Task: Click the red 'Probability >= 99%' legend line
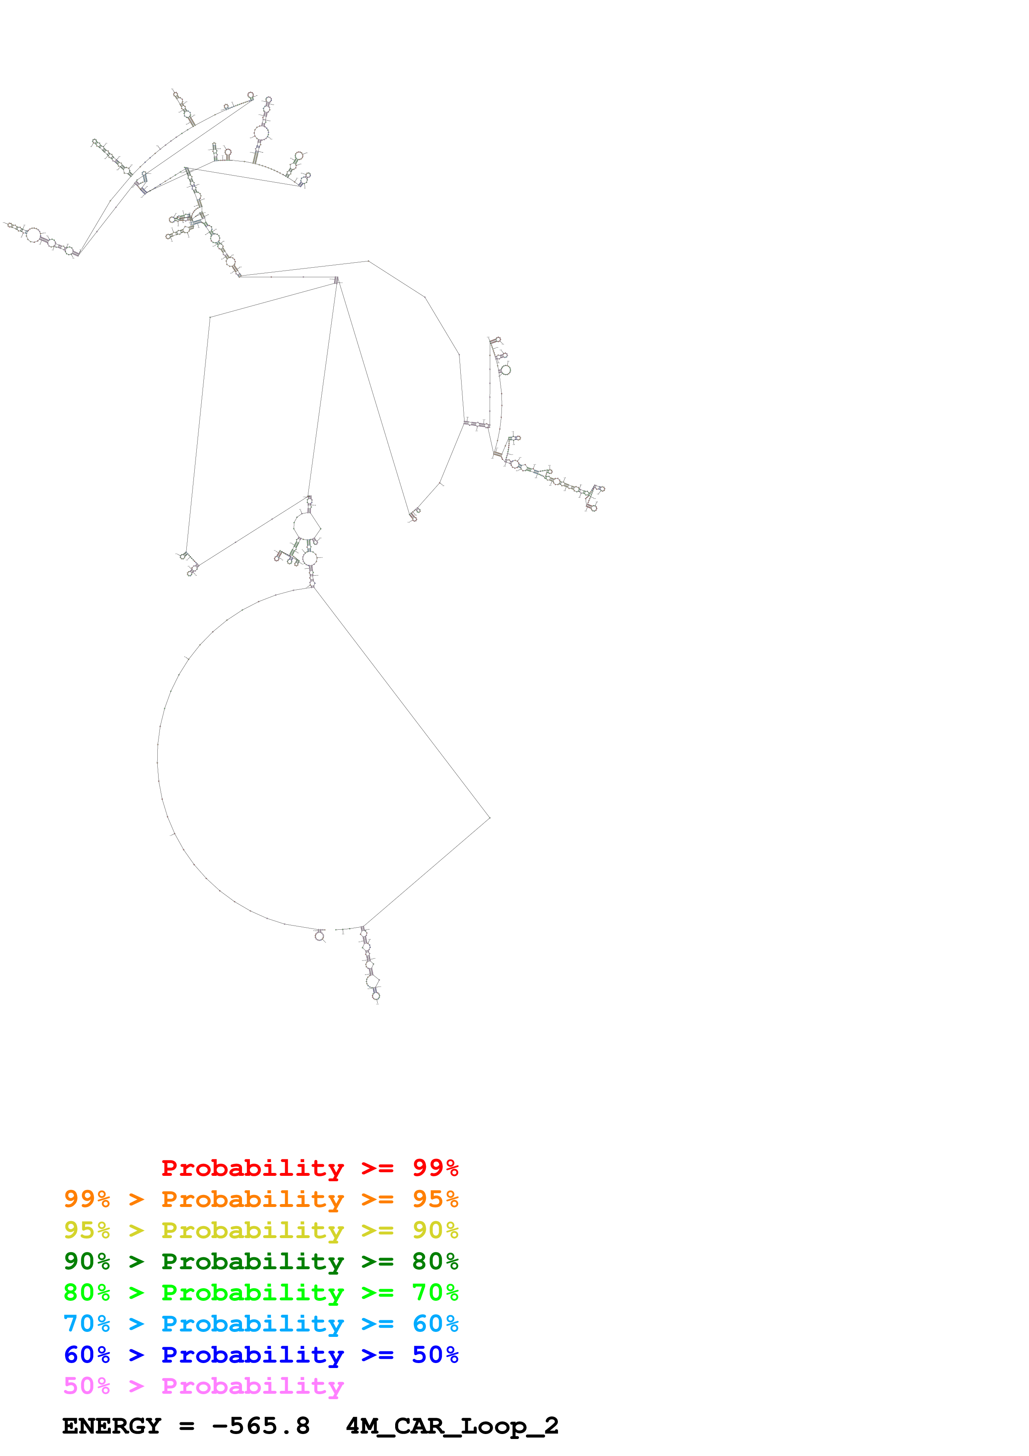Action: (309, 1168)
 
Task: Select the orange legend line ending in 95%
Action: (261, 1199)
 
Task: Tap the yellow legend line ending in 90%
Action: (261, 1230)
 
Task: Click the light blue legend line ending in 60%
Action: (261, 1324)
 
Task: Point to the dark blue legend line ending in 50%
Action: (261, 1355)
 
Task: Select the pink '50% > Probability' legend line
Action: (203, 1385)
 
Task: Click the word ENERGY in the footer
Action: (112, 1426)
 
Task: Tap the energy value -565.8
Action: (261, 1426)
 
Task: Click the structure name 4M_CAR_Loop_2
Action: (452, 1426)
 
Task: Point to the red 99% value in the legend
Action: (435, 1168)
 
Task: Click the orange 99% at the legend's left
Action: (87, 1199)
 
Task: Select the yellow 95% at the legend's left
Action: (87, 1230)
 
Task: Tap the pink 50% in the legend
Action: (87, 1385)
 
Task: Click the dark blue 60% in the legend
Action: (87, 1355)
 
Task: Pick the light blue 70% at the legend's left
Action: (87, 1324)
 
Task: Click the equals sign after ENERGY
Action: (186, 1426)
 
